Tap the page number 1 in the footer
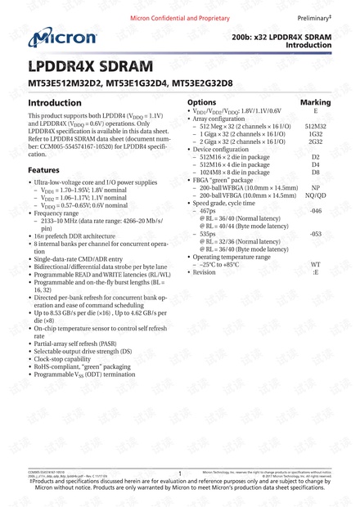(178, 473)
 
